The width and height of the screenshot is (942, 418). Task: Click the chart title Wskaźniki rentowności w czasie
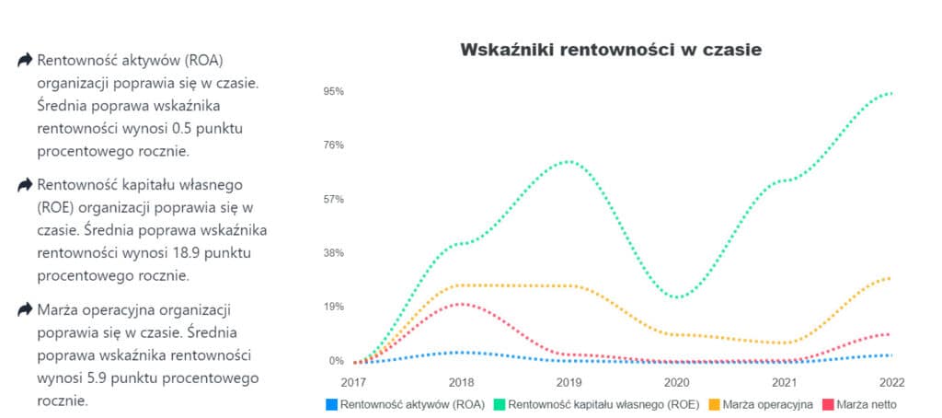611,50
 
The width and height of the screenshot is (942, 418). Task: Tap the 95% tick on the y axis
333,91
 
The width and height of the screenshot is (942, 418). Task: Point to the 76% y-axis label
333,145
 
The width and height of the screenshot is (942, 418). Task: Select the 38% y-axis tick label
333,252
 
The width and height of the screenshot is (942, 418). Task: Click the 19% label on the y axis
333,306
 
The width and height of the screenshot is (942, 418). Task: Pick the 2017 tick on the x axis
353,381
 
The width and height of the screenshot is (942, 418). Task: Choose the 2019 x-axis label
569,381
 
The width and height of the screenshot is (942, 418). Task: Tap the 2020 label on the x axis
676,381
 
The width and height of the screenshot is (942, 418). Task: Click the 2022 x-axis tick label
891,381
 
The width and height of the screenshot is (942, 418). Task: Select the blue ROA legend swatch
331,403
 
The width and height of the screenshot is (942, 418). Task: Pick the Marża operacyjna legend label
767,403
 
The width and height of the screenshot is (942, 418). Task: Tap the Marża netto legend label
866,403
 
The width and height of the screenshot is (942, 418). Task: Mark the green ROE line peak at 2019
570,161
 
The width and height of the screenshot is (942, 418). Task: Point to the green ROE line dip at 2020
677,297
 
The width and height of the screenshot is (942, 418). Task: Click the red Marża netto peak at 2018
463,303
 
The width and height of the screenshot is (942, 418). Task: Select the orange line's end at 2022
890,277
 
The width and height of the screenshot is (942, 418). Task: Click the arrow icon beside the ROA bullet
25,61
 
